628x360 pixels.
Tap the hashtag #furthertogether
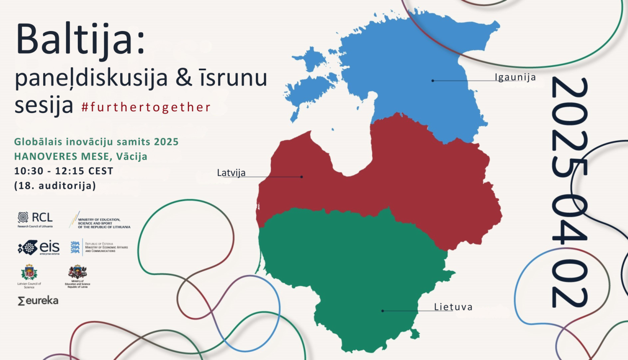coord(146,107)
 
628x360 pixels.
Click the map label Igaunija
coord(515,77)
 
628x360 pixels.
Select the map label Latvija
coord(231,172)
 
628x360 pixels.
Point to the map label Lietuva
coord(453,307)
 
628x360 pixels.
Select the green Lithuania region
coord(356,272)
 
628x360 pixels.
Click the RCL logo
coord(35,219)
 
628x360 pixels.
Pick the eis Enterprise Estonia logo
coord(39,247)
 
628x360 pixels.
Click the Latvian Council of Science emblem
coord(29,274)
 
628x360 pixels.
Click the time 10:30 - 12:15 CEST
coord(64,171)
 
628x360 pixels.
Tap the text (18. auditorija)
coord(55,185)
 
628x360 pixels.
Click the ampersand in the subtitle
coord(184,78)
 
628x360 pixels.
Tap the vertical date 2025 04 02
coord(569,193)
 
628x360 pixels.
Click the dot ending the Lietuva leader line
coord(383,311)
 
